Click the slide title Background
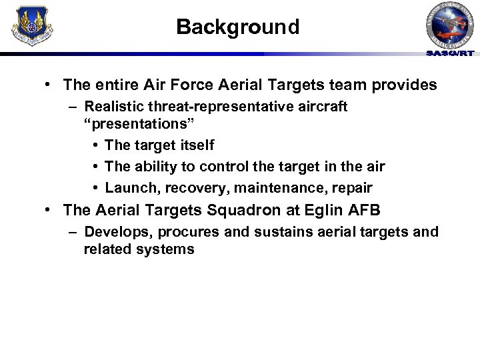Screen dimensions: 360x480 (x=238, y=27)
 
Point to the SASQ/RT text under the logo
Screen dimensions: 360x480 (x=451, y=53)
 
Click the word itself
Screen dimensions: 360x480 (x=197, y=145)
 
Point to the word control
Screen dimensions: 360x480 (x=213, y=166)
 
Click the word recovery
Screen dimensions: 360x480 (x=190, y=187)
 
